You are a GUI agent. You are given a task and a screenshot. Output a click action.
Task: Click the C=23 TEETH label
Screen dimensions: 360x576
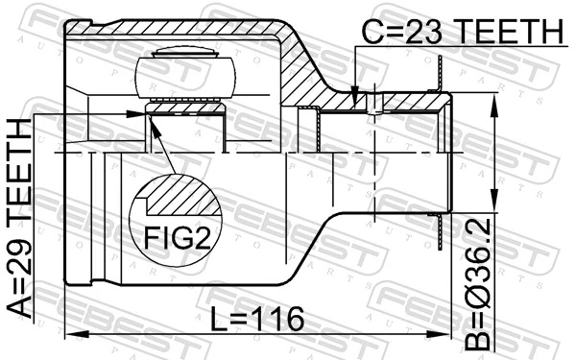461,31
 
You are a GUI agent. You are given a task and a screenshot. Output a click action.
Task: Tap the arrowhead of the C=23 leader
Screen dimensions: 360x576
355,98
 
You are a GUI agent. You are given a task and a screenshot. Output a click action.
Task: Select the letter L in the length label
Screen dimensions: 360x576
216,318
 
